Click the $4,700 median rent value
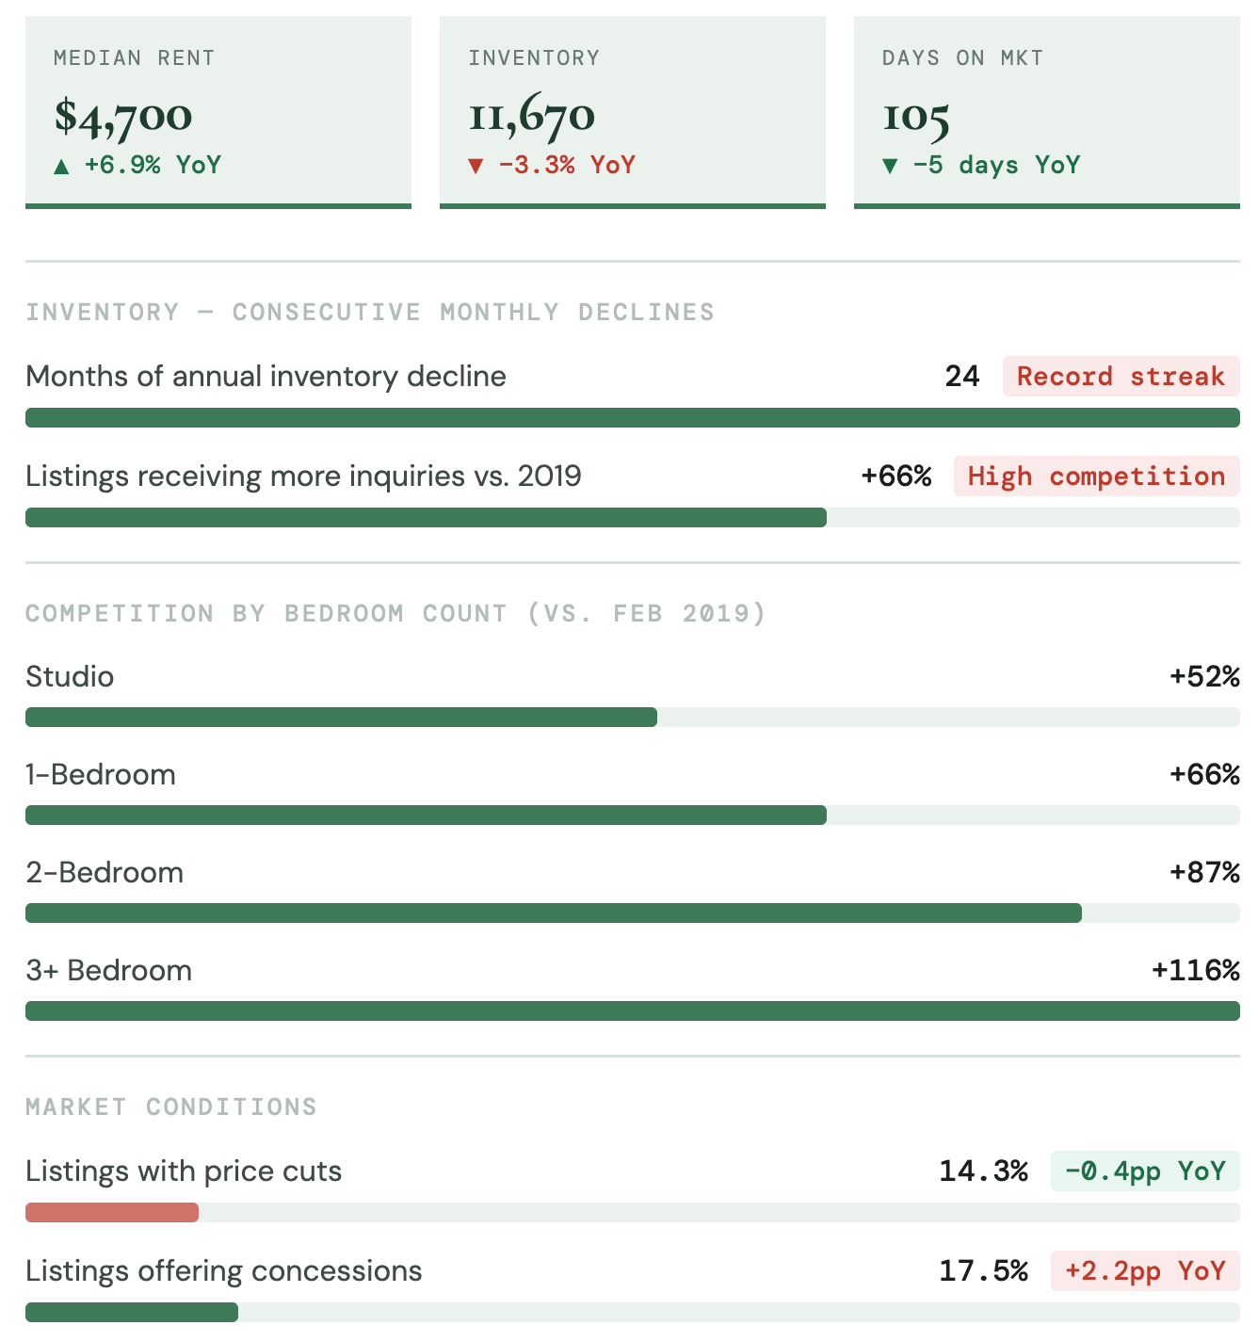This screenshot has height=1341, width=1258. [123, 116]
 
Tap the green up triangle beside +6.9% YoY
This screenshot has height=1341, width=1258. [61, 167]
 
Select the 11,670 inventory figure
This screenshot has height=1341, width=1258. [532, 116]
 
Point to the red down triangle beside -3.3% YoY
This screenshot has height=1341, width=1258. [476, 167]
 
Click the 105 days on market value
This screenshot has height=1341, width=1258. [915, 117]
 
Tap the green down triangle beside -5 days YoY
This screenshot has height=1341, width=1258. [890, 167]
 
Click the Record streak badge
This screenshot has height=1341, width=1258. [1121, 377]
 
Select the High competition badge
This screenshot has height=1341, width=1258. [1096, 477]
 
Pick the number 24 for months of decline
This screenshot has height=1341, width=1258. [962, 377]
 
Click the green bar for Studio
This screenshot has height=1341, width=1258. [341, 718]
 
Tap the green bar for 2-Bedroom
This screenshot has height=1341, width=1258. [554, 913]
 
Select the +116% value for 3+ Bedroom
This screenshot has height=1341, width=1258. [1196, 971]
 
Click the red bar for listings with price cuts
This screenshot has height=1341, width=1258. [112, 1213]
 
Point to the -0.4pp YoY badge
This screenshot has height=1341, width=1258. [1145, 1171]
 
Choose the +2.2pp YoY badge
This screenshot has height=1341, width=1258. [1145, 1271]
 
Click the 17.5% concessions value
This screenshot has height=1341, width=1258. [983, 1271]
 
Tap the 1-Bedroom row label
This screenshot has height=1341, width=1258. [101, 775]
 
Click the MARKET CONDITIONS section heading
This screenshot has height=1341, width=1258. [171, 1107]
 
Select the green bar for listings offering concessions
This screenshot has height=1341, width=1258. [132, 1313]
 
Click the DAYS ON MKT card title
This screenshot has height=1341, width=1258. [962, 58]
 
